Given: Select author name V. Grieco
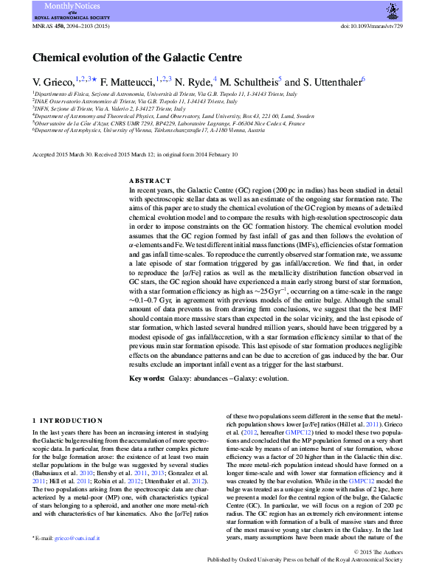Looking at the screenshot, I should [53, 83].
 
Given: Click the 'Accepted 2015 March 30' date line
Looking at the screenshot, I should [63, 155].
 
